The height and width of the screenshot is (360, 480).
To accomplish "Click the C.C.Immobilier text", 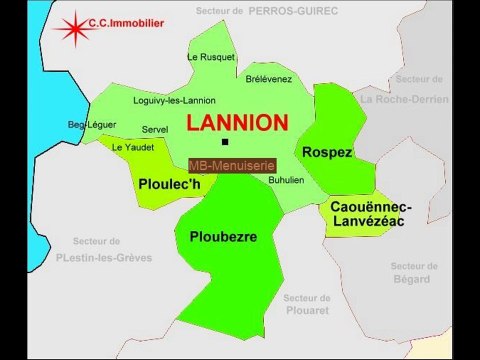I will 126,20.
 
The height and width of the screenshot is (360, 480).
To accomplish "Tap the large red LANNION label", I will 237,123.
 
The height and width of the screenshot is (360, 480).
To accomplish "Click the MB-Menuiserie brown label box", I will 231,164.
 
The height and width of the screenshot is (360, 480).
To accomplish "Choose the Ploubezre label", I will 223,237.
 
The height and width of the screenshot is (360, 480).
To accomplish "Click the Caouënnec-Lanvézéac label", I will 370,213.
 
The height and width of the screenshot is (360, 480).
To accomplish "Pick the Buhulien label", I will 287,179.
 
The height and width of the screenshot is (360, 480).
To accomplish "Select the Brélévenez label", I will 269,77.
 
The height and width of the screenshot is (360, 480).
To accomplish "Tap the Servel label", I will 155,129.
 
